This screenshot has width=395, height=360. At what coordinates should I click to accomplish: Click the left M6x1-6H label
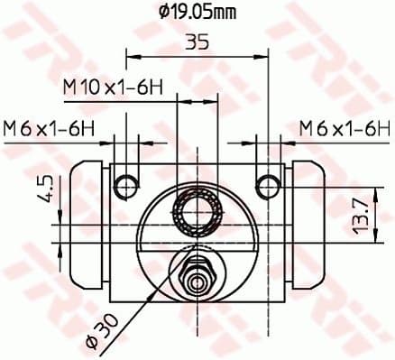[49, 128]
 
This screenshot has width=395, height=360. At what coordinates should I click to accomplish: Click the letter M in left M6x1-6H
[12, 128]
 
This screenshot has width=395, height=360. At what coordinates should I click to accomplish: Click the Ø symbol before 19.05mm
[163, 12]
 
